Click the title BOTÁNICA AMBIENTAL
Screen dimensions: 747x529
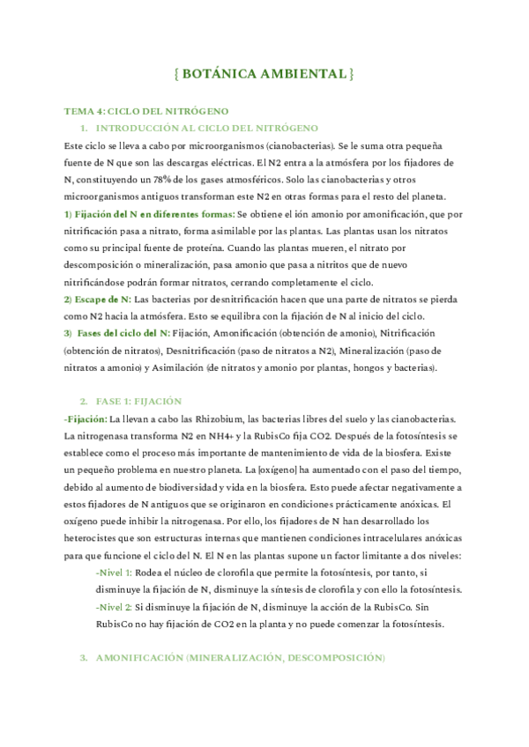coord(264,74)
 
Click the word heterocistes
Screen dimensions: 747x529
coord(93,536)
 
